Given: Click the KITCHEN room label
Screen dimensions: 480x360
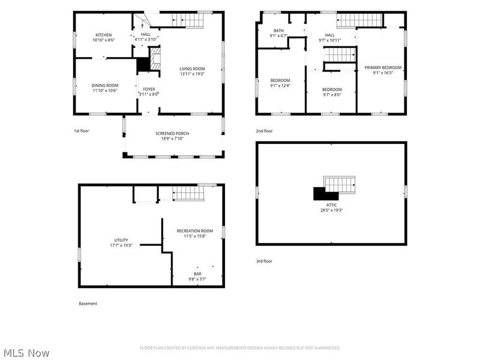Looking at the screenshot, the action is click(x=103, y=35).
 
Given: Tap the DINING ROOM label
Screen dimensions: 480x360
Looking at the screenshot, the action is click(x=104, y=85).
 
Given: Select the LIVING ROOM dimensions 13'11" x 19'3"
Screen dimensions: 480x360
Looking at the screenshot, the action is click(x=192, y=74).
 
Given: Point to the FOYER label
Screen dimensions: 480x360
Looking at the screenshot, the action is click(x=149, y=89).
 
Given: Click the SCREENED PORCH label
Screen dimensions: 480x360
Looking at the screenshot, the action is click(x=172, y=133).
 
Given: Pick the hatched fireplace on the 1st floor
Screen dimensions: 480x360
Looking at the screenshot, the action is click(x=155, y=58).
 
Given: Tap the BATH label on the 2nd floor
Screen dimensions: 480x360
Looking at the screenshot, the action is click(x=278, y=31).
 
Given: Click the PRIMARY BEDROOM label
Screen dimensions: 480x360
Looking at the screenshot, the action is click(x=383, y=68).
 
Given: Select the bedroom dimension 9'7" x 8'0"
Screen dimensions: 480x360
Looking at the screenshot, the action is click(x=332, y=95).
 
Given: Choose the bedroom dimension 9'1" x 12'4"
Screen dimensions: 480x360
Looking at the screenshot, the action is click(x=280, y=86).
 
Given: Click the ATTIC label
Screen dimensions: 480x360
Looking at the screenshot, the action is click(x=332, y=205).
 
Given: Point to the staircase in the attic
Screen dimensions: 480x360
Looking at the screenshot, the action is click(x=340, y=184).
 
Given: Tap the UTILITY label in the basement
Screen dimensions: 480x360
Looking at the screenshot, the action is click(x=121, y=241).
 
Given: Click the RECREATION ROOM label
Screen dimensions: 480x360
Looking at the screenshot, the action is click(x=194, y=231).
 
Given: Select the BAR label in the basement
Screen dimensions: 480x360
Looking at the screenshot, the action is click(x=197, y=274).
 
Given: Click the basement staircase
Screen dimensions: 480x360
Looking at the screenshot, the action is click(x=188, y=193).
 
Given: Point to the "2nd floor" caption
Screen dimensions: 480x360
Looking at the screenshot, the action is click(x=264, y=131).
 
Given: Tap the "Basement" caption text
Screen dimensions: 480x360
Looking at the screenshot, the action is click(x=88, y=304).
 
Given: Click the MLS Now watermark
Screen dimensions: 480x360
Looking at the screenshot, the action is click(x=26, y=353).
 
